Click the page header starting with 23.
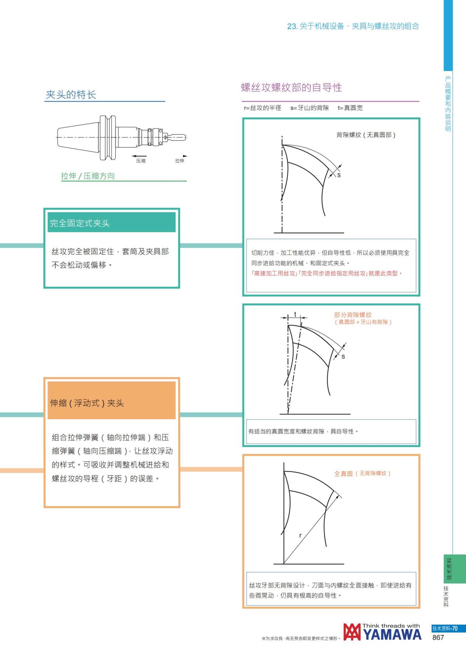tap(353, 26)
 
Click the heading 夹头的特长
tap(71, 95)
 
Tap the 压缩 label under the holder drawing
tap(141, 161)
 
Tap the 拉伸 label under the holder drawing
tap(179, 161)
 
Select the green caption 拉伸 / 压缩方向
tap(88, 176)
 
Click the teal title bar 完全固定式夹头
tap(111, 223)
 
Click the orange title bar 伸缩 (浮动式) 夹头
tap(111, 403)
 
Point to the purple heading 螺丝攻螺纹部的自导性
tap(291, 88)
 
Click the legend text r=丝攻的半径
tap(263, 108)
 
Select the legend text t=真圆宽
tap(350, 108)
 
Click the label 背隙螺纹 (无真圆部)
tap(365, 135)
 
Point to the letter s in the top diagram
tap(339, 175)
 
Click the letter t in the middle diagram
tap(295, 314)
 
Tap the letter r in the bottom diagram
tap(300, 536)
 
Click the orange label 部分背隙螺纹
tap(353, 315)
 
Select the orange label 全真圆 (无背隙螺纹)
tap(362, 473)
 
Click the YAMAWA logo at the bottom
tap(382, 632)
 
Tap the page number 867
tap(438, 637)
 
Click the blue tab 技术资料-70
tap(445, 628)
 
